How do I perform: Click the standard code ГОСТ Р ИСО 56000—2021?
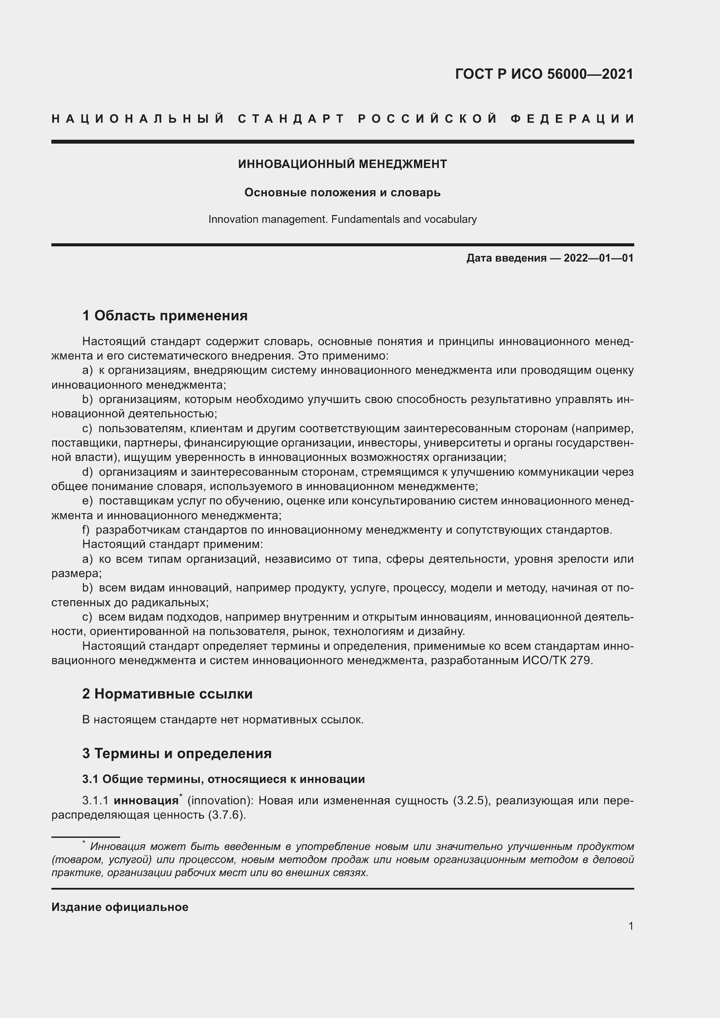pyautogui.click(x=544, y=74)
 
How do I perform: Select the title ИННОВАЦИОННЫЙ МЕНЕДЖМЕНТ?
pyautogui.click(x=342, y=165)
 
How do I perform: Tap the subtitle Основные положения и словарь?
pyautogui.click(x=342, y=193)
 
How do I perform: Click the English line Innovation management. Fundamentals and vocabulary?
pyautogui.click(x=342, y=219)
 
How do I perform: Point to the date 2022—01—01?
pyautogui.click(x=599, y=258)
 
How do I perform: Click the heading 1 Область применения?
pyautogui.click(x=165, y=316)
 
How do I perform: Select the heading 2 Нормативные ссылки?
pyautogui.click(x=167, y=694)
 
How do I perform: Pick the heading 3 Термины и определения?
pyautogui.click(x=177, y=754)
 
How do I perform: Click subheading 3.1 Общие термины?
pyautogui.click(x=223, y=779)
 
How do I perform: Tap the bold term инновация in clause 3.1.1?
pyautogui.click(x=146, y=801)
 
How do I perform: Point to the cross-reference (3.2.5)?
pyautogui.click(x=472, y=801)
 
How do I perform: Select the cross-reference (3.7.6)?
pyautogui.click(x=226, y=815)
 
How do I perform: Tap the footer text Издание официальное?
pyautogui.click(x=120, y=907)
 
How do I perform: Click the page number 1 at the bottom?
pyautogui.click(x=631, y=926)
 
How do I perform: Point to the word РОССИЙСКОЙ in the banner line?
pyautogui.click(x=427, y=119)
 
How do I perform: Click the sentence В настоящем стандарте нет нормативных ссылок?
pyautogui.click(x=222, y=720)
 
